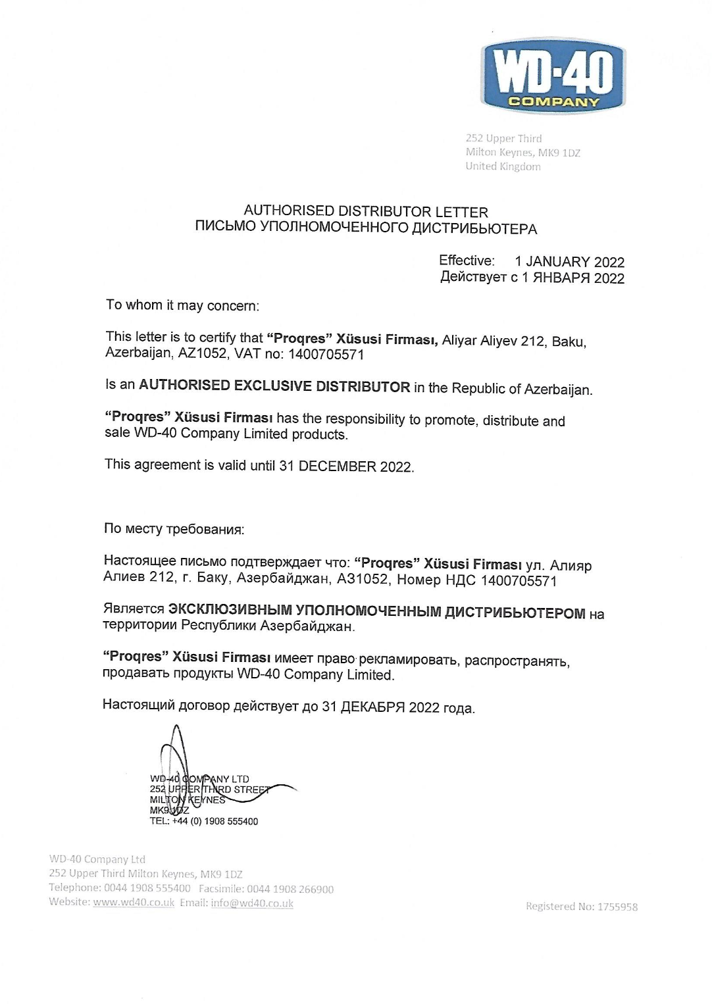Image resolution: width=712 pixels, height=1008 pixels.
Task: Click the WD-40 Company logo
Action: tap(553, 75)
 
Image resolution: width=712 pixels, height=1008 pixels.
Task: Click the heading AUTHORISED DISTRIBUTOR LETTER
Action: tap(366, 211)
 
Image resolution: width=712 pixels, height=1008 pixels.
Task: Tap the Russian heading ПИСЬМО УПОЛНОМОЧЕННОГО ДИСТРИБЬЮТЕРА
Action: tap(366, 228)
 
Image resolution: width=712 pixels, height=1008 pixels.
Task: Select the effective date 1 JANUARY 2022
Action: tap(569, 262)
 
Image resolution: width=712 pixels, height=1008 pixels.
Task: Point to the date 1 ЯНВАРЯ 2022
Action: tap(572, 278)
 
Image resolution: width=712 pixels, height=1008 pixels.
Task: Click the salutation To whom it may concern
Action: tap(182, 305)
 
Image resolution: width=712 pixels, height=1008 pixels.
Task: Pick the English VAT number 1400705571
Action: tap(326, 355)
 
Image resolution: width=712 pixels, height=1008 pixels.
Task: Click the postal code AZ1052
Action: tap(201, 353)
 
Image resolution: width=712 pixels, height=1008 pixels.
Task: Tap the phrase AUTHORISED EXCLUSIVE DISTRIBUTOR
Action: tap(274, 386)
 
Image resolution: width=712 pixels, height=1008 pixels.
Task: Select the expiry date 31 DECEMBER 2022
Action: tap(345, 466)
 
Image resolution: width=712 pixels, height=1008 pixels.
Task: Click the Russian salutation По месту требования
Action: tap(174, 529)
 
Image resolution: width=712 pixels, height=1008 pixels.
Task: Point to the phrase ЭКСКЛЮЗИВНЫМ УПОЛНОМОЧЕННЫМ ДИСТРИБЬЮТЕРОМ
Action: tap(376, 612)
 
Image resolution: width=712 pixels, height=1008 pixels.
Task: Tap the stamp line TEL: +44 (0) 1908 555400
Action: tap(204, 821)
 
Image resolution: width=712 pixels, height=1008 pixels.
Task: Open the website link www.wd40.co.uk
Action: tap(134, 902)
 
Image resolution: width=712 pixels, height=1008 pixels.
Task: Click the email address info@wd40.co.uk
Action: tap(252, 903)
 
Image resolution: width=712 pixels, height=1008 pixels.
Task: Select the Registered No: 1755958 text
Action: tap(582, 907)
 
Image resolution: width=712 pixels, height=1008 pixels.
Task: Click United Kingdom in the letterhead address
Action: tap(503, 166)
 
